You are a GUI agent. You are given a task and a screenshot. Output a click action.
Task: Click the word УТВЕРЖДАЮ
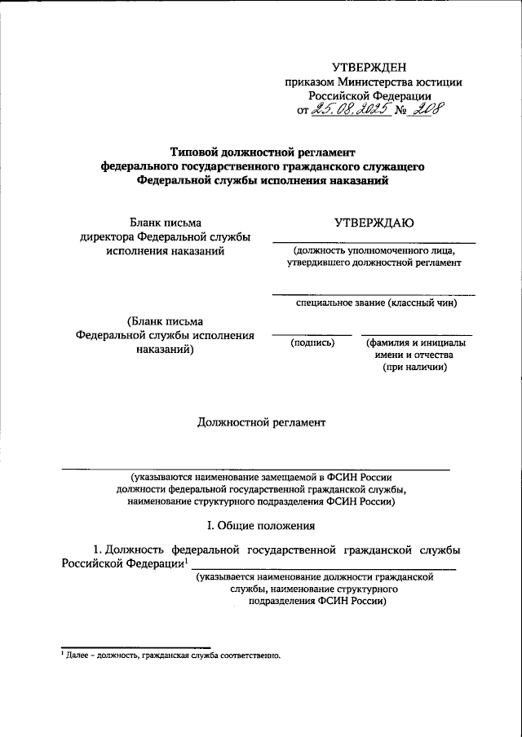point(373,222)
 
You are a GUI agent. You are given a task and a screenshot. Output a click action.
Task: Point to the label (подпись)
point(313,342)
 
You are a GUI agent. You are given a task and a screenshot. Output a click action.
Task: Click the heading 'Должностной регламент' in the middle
point(261,422)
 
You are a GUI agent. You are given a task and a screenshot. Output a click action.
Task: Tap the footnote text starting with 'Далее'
point(172,655)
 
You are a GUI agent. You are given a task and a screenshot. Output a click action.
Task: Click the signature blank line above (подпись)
point(312,334)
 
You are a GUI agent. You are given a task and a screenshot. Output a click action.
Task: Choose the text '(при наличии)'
point(414,368)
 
